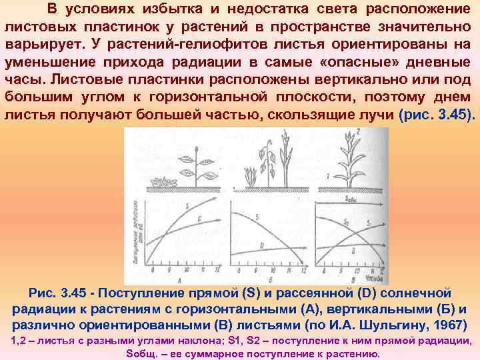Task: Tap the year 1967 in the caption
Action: (x=449, y=325)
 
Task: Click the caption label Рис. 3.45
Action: (x=61, y=293)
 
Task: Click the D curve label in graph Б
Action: (x=262, y=246)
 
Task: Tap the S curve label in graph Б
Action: (x=257, y=217)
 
